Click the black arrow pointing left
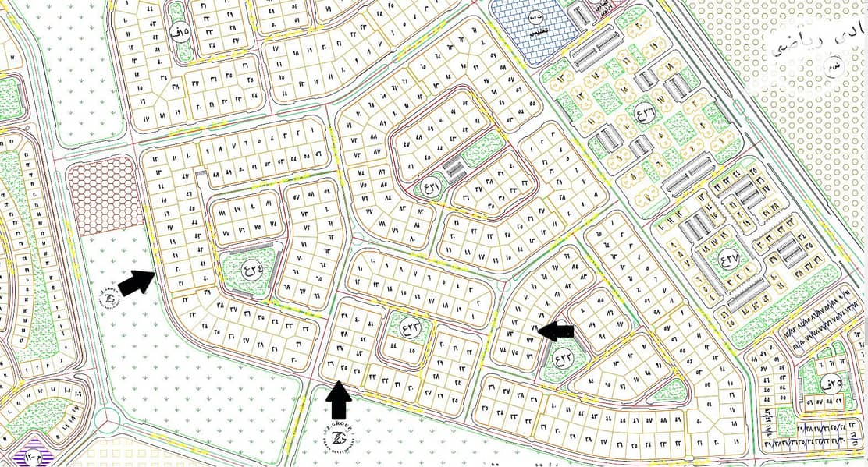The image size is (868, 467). (557, 331)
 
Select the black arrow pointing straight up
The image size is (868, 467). (338, 401)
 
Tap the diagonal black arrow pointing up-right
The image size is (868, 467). (137, 281)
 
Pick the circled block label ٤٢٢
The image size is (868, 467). (562, 359)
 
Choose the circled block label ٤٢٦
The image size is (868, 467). (431, 186)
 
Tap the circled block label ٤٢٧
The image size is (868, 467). (730, 259)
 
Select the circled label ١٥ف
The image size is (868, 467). (179, 33)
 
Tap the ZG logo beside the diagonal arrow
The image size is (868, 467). (108, 297)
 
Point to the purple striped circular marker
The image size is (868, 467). (34, 455)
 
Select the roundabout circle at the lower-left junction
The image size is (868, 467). (106, 420)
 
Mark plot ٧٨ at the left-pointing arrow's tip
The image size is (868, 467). (535, 331)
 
